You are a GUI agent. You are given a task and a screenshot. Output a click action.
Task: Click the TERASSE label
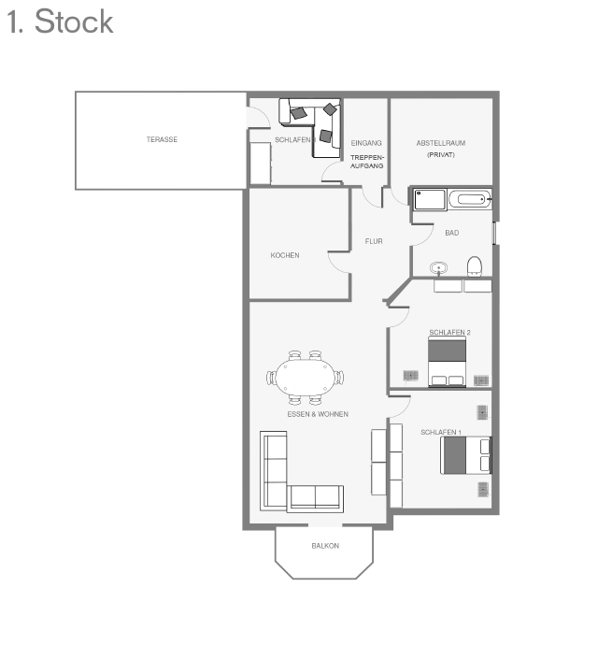click(x=162, y=140)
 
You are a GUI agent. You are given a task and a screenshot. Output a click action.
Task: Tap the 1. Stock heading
click(x=60, y=21)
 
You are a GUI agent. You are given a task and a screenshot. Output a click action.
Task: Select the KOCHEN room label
click(x=285, y=255)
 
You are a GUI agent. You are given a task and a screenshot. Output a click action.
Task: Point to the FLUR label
click(x=374, y=241)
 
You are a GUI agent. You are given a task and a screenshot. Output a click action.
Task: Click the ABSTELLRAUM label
click(x=441, y=143)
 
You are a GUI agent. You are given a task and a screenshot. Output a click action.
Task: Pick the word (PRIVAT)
click(x=441, y=154)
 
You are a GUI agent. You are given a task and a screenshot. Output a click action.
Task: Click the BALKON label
click(x=325, y=546)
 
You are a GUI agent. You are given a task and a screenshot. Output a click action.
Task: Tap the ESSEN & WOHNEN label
click(x=318, y=414)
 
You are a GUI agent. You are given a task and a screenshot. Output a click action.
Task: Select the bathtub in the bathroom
click(x=468, y=199)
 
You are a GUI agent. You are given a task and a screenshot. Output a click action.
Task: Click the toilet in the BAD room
click(x=474, y=265)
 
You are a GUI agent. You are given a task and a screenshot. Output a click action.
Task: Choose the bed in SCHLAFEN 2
click(x=447, y=363)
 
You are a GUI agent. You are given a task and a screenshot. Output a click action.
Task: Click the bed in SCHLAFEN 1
click(x=465, y=455)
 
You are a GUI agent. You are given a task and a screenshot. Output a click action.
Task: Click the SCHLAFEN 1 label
click(x=440, y=433)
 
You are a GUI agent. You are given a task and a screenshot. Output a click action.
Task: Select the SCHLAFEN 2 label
click(x=449, y=333)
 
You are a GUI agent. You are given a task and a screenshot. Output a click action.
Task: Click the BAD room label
click(x=452, y=233)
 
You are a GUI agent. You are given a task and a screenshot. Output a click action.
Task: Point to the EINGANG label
click(x=366, y=143)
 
